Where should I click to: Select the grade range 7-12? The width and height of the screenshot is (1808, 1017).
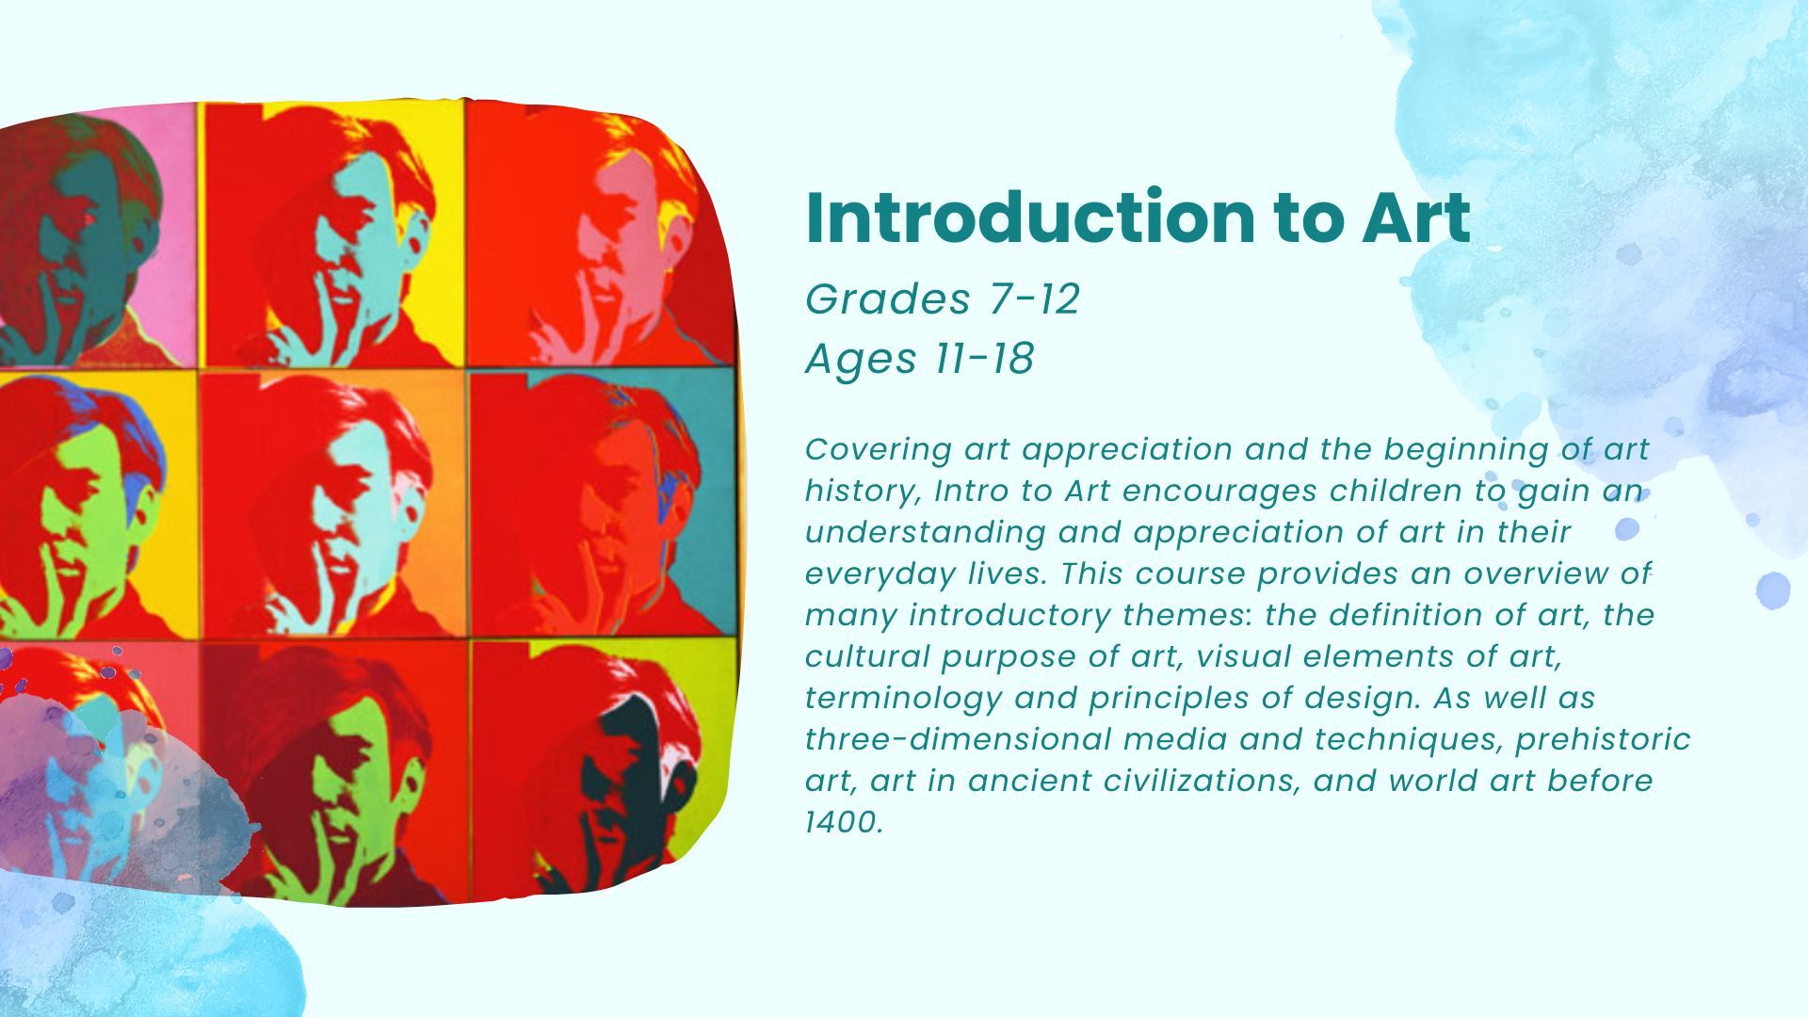pyautogui.click(x=1034, y=299)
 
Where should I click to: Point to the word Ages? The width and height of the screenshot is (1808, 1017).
pyautogui.click(x=861, y=360)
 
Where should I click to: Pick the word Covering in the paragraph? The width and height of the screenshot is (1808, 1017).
pyautogui.click(x=879, y=450)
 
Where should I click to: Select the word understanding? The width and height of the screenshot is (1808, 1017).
pyautogui.click(x=925, y=533)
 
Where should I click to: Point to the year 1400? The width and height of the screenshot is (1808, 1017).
pyautogui.click(x=844, y=822)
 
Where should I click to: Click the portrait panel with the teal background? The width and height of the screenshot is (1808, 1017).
pyautogui.click(x=603, y=503)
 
